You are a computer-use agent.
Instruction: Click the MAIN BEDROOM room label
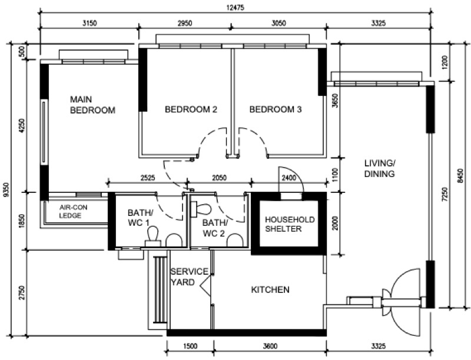(92, 104)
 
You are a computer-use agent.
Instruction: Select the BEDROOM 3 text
(276, 109)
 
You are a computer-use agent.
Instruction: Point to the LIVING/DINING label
(379, 168)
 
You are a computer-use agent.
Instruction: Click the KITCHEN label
(270, 290)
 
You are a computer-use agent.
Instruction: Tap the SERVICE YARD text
(189, 276)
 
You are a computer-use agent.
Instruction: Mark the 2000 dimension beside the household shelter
(334, 223)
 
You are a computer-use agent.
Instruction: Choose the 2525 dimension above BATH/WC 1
(148, 177)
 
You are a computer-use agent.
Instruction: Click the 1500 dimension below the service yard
(190, 346)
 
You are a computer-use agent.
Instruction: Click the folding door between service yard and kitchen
(207, 288)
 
